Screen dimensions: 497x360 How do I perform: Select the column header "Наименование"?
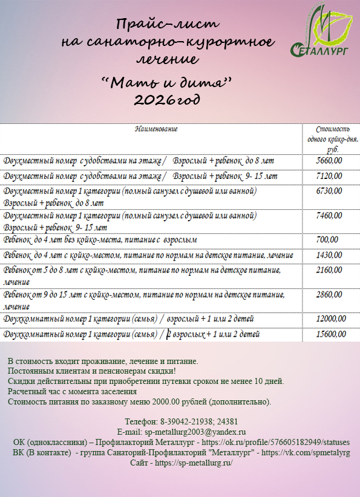pyautogui.click(x=156, y=129)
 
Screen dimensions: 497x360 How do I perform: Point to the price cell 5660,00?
pyautogui.click(x=329, y=161)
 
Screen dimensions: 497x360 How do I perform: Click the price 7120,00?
pyautogui.click(x=329, y=176)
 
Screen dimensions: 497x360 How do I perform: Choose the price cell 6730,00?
pyautogui.click(x=329, y=191)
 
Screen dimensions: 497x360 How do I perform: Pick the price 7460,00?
pyautogui.click(x=329, y=215)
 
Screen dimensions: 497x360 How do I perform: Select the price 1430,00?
pyautogui.click(x=329, y=256)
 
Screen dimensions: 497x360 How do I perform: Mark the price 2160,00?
pyautogui.click(x=329, y=270)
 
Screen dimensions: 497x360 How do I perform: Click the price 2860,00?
pyautogui.click(x=329, y=294)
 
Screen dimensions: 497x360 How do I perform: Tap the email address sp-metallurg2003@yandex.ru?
pyautogui.click(x=194, y=432)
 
